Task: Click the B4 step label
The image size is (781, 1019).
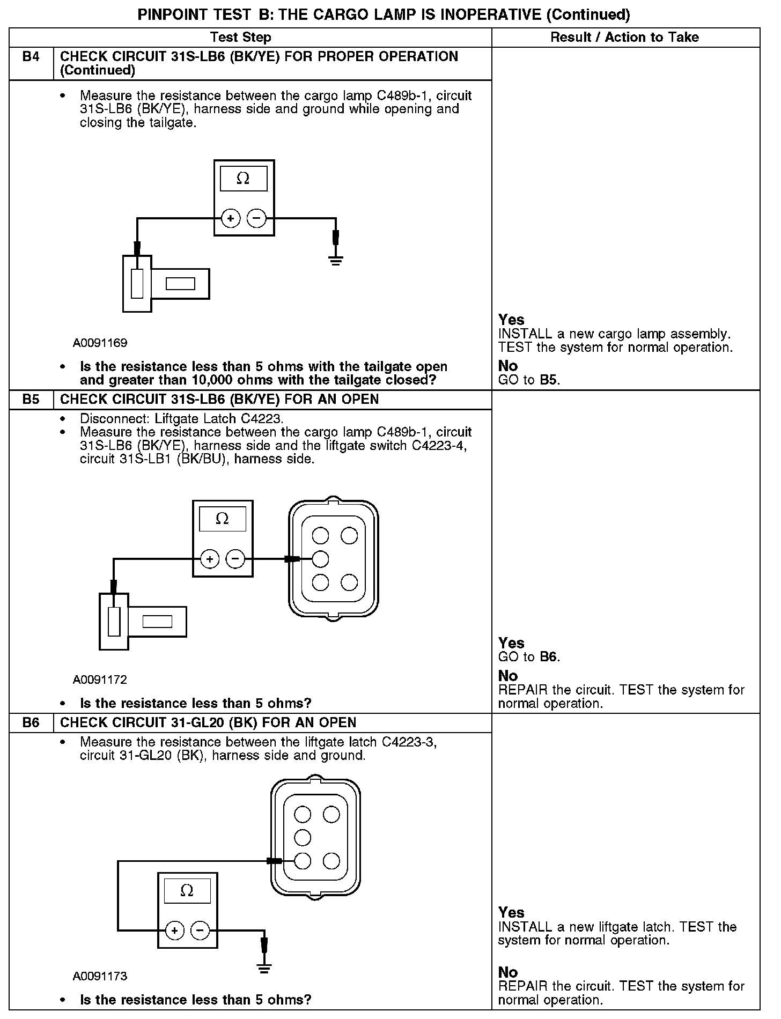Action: click(31, 56)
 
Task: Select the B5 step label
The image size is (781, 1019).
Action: click(31, 400)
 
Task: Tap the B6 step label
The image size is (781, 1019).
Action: click(31, 722)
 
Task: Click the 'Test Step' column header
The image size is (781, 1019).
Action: click(241, 37)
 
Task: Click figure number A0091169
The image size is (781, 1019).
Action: click(100, 343)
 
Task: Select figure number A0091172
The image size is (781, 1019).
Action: click(100, 680)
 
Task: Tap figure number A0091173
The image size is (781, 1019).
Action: click(100, 976)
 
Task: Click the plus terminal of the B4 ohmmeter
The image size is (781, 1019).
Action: click(231, 218)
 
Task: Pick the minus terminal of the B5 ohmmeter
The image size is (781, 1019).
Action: click(235, 559)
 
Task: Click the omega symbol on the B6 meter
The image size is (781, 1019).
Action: click(187, 891)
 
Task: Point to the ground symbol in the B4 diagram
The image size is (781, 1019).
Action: click(336, 261)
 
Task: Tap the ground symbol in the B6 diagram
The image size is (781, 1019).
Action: click(264, 968)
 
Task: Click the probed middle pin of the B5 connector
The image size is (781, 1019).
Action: click(320, 559)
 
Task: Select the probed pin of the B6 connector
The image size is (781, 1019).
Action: click(303, 861)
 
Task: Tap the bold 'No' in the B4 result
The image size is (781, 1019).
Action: click(508, 366)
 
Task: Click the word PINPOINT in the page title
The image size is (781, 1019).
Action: click(168, 14)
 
